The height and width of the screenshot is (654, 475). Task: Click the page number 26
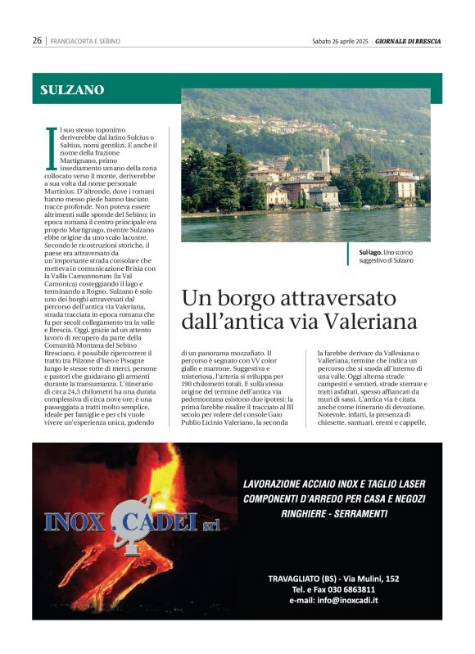(x=37, y=40)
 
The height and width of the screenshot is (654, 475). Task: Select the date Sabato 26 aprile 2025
(x=341, y=40)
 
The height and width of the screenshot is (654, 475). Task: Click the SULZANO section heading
(x=72, y=90)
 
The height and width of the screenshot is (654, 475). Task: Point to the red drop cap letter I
(x=52, y=144)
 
